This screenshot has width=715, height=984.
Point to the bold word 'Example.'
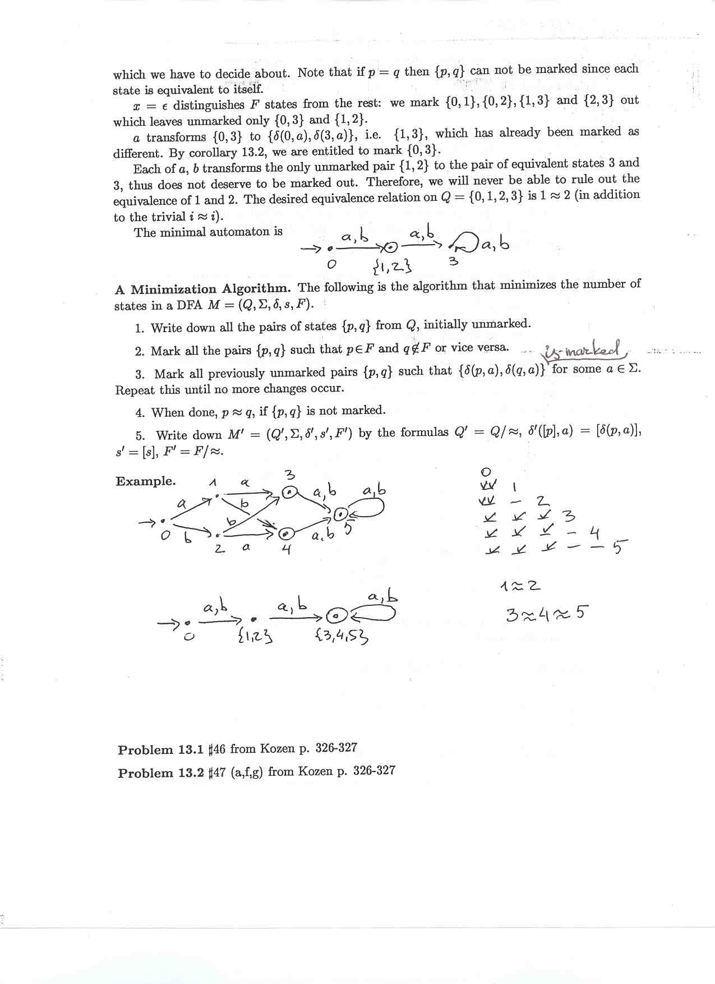[145, 481]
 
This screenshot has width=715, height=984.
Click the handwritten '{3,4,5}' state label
[342, 636]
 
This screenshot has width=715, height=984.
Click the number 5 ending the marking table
[617, 546]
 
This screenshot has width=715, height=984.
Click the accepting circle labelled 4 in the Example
[285, 533]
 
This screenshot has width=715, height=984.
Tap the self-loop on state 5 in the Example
[367, 508]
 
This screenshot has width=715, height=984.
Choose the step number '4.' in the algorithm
[140, 413]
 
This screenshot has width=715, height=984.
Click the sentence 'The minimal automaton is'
[207, 232]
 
